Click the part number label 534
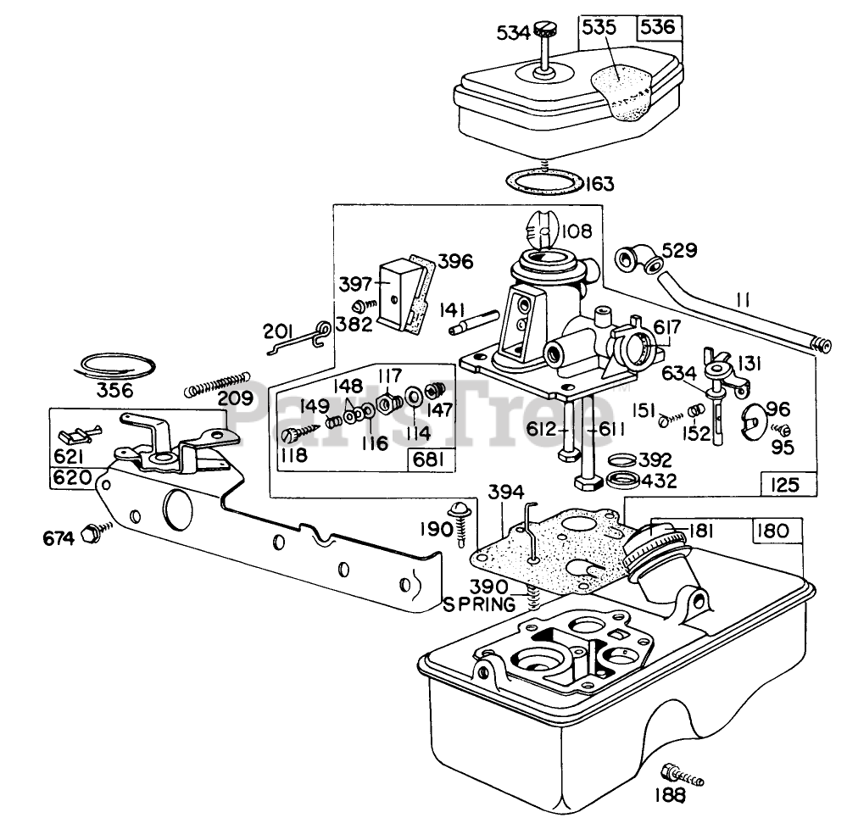point(514,33)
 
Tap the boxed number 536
point(658,26)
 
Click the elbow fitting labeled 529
point(640,259)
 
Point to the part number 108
point(577,231)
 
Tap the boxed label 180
point(773,531)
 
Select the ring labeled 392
point(622,460)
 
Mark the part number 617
point(667,327)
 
